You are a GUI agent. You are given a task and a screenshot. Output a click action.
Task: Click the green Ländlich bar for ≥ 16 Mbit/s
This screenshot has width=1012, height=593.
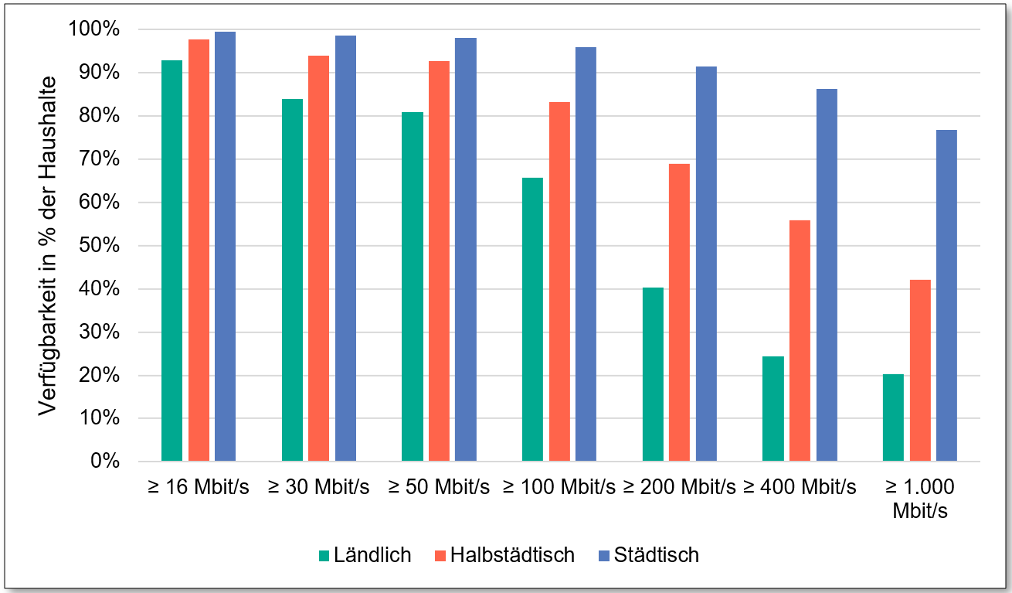pyautogui.click(x=171, y=261)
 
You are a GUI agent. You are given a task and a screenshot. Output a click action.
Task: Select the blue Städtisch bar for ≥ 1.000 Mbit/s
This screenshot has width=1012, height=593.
pyautogui.click(x=946, y=295)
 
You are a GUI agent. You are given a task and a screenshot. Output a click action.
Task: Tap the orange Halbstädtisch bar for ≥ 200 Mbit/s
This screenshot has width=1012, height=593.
pyautogui.click(x=679, y=312)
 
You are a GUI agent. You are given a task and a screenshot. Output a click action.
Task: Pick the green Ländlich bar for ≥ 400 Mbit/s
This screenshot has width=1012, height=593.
pyautogui.click(x=773, y=409)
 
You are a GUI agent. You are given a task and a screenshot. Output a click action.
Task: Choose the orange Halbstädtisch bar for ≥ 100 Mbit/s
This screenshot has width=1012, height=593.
pyautogui.click(x=559, y=281)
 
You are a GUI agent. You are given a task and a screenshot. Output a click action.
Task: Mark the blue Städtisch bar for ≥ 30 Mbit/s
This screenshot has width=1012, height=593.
pyautogui.click(x=345, y=248)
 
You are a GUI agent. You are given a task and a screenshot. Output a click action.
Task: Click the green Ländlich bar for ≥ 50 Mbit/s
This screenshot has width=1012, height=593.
pyautogui.click(x=413, y=287)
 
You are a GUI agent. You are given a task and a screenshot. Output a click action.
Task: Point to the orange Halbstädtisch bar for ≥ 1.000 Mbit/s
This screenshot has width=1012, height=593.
pyautogui.click(x=920, y=370)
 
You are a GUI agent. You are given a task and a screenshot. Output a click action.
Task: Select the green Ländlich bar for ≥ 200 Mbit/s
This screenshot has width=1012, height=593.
pyautogui.click(x=653, y=374)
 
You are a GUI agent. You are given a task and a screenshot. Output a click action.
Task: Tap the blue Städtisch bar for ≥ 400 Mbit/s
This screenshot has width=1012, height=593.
pyautogui.click(x=827, y=275)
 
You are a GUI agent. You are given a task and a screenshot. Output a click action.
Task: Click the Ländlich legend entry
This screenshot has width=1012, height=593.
pyautogui.click(x=365, y=555)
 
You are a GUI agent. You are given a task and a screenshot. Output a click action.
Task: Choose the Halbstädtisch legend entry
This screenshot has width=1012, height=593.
pyautogui.click(x=504, y=555)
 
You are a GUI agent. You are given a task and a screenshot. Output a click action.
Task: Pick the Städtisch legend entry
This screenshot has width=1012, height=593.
pyautogui.click(x=648, y=555)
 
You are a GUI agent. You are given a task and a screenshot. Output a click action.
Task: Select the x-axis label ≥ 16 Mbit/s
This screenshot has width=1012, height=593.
pyautogui.click(x=198, y=487)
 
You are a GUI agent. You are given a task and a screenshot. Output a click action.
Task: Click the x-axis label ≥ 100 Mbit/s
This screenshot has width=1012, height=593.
pyautogui.click(x=559, y=487)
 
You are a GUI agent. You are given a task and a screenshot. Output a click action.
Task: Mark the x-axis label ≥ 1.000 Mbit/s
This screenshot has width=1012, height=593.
pyautogui.click(x=919, y=499)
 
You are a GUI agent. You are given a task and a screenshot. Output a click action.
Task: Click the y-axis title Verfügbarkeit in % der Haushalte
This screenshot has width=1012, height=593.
pyautogui.click(x=48, y=246)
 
